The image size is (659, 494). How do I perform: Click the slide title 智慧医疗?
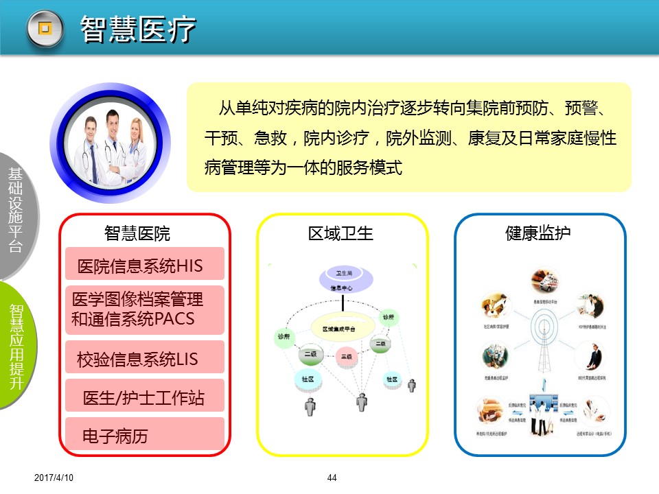[x=139, y=30]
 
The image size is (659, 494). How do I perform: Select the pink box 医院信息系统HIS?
[x=145, y=266]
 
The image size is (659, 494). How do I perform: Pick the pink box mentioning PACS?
[x=145, y=309]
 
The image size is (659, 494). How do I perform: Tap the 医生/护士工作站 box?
[x=145, y=397]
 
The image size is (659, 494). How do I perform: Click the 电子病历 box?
[x=145, y=436]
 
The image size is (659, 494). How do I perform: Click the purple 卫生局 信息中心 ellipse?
[x=346, y=282]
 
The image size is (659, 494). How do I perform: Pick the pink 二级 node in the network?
[x=345, y=357]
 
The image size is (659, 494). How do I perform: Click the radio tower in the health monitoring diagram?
[x=541, y=336]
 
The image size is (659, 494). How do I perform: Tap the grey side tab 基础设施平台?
[x=15, y=209]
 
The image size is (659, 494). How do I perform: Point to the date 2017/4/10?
[x=53, y=478]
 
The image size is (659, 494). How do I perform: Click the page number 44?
[x=332, y=478]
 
